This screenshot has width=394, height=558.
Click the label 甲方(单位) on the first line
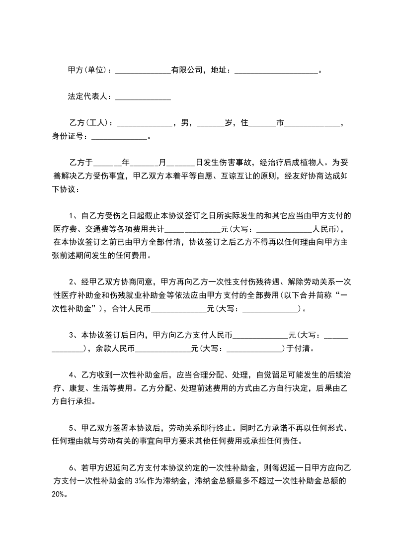tap(87, 70)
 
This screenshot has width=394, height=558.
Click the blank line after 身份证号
tap(119, 138)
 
